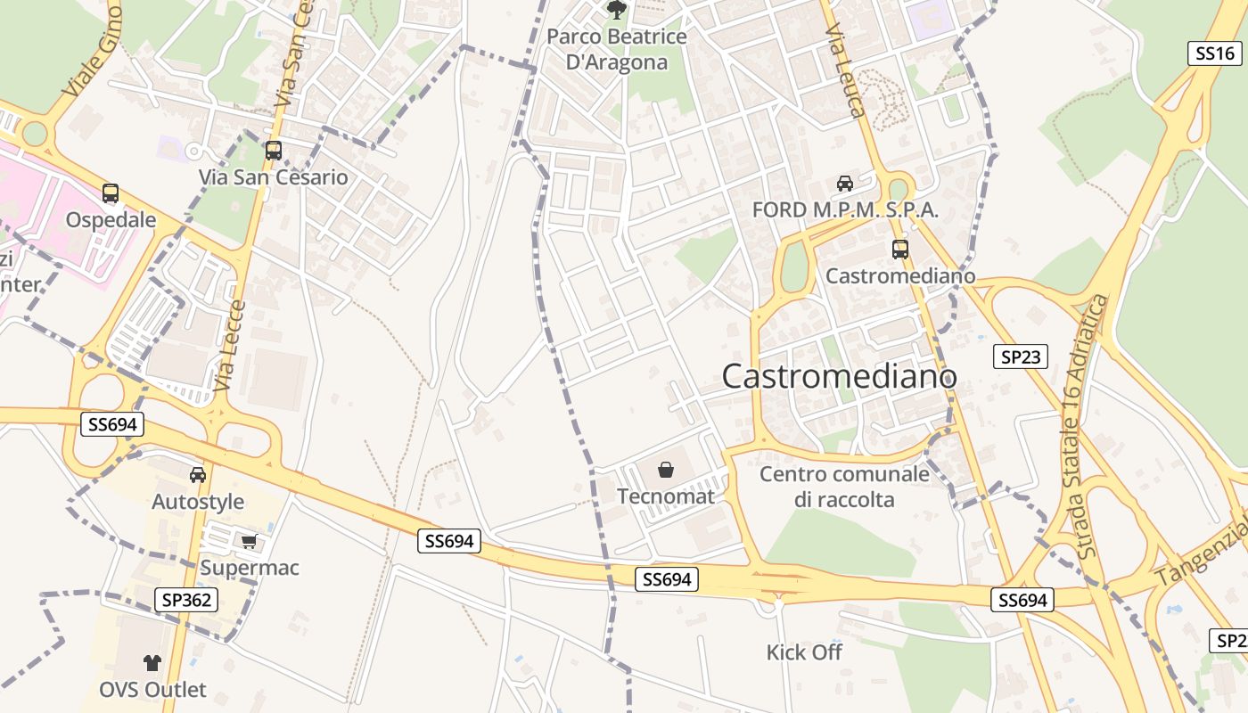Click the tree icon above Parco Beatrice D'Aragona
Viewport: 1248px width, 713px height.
pyautogui.click(x=616, y=10)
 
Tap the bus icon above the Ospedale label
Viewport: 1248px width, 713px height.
pyautogui.click(x=111, y=193)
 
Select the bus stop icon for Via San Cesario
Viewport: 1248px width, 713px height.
pyautogui.click(x=274, y=151)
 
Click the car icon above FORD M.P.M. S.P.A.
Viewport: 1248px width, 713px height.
pyautogui.click(x=845, y=184)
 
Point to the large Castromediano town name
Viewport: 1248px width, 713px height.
pyautogui.click(x=839, y=376)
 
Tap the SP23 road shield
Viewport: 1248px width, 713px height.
pyautogui.click(x=1020, y=357)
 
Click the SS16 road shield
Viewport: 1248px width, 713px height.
pyautogui.click(x=1215, y=53)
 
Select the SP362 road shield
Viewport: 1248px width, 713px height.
pyautogui.click(x=187, y=600)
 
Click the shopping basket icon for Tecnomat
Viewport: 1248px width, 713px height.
pyautogui.click(x=666, y=470)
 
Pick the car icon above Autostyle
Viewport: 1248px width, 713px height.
pyautogui.click(x=198, y=475)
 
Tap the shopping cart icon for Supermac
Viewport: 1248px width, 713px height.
pyautogui.click(x=250, y=541)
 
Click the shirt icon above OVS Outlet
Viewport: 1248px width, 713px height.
pyautogui.click(x=152, y=662)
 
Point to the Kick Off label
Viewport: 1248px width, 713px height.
pyautogui.click(x=804, y=652)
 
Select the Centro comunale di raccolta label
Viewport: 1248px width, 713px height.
pyautogui.click(x=844, y=487)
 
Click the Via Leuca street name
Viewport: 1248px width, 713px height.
pyautogui.click(x=845, y=71)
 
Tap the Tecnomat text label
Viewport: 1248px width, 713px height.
pyautogui.click(x=666, y=496)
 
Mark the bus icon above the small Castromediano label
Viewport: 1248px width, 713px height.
pyautogui.click(x=900, y=250)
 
